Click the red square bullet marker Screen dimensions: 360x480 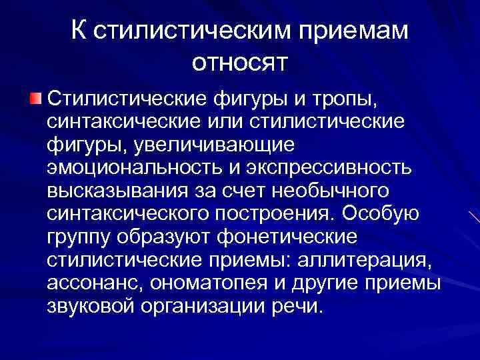[x=35, y=99]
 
